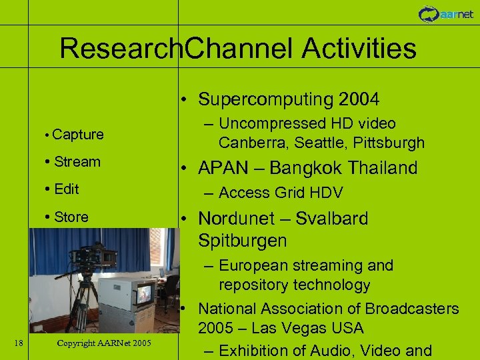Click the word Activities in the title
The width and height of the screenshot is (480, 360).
coord(359,49)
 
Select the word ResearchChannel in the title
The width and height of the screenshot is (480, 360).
coord(177,49)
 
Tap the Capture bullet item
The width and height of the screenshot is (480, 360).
coord(77,135)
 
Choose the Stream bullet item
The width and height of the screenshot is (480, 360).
coord(77,162)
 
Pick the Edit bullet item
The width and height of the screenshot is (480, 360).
coord(66,189)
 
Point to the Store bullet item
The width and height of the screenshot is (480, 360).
coord(71,217)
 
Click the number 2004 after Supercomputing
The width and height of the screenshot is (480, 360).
coord(359,100)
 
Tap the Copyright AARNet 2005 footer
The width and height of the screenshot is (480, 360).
coord(104,343)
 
